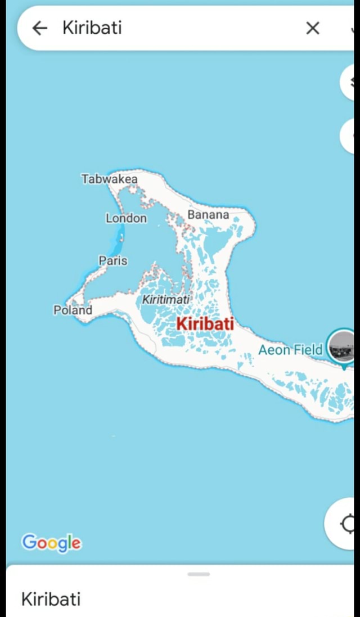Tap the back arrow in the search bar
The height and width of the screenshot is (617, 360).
pos(40,28)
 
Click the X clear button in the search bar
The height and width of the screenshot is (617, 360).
pos(313,28)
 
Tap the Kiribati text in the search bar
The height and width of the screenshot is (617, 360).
pos(92,28)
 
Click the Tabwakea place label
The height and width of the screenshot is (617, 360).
pos(109,179)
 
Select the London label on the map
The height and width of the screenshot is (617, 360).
pos(126,218)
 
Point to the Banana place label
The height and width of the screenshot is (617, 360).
pos(208,215)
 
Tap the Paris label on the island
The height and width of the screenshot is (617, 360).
pos(113,260)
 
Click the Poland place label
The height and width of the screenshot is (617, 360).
pos(73,310)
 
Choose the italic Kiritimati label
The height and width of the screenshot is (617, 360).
pos(165,300)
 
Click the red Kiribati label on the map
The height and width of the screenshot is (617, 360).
pos(205,324)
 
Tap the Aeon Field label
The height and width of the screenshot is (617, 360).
pos(290,350)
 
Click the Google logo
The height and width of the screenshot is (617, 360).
pos(51,543)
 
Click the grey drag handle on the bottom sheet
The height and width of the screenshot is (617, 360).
pos(199,574)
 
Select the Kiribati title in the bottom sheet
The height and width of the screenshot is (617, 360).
pos(51,599)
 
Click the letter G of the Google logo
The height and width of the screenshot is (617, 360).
pos(29,542)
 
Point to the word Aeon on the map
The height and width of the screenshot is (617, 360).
pos(274,350)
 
